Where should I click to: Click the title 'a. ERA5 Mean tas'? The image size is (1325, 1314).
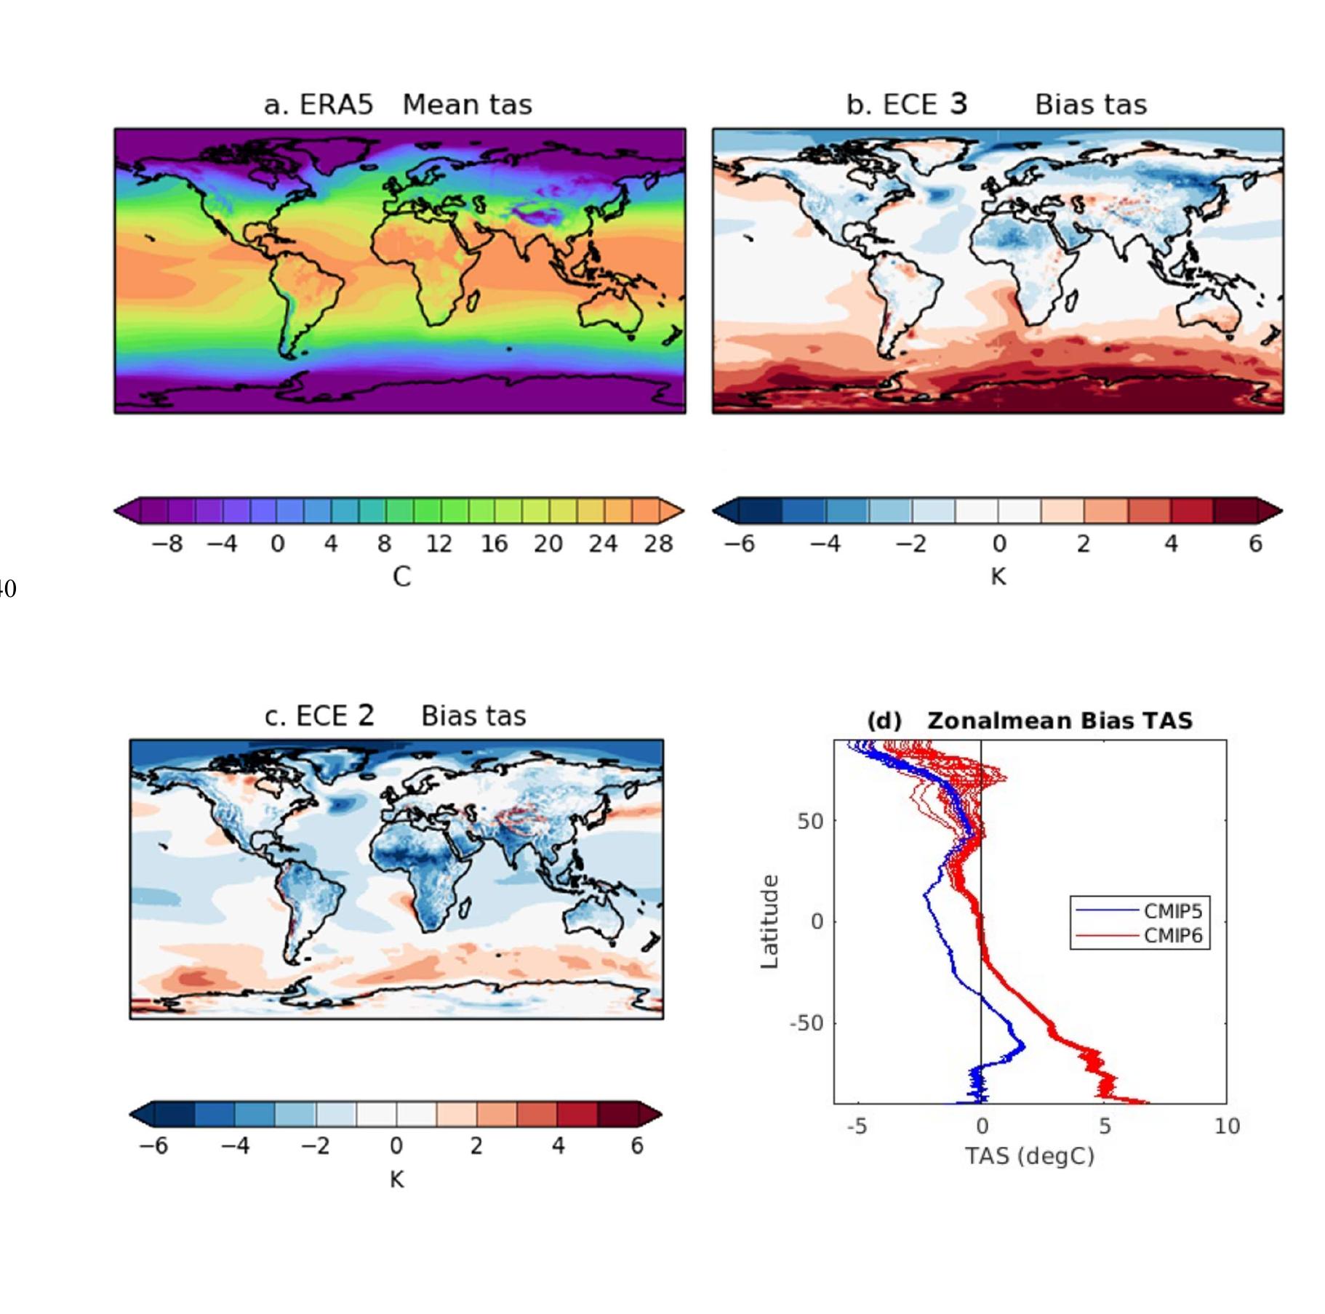(x=397, y=105)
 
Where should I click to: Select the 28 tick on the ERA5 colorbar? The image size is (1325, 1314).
(x=658, y=544)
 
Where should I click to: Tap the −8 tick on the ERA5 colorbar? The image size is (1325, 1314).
(x=167, y=544)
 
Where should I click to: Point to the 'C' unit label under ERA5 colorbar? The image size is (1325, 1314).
(x=401, y=577)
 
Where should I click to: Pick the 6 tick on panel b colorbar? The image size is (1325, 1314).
(x=1255, y=544)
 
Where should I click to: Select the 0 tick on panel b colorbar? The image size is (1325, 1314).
(x=998, y=544)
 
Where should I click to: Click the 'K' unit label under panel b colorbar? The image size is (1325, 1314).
(x=998, y=577)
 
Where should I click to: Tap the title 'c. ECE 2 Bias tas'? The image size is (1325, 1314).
(x=395, y=716)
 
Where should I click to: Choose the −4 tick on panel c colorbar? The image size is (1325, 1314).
(x=235, y=1146)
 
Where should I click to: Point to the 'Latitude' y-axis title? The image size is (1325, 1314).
(x=769, y=921)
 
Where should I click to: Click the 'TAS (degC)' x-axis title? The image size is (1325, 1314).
(x=1029, y=1155)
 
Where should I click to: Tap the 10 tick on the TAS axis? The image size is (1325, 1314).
(x=1226, y=1126)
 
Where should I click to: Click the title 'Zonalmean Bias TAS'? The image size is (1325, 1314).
(x=1060, y=721)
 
